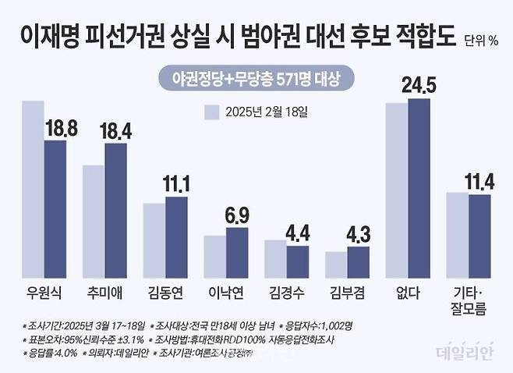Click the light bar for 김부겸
[336, 265]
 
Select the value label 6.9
[237, 214]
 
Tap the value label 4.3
[357, 233]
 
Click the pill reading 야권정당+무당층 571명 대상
[255, 78]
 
